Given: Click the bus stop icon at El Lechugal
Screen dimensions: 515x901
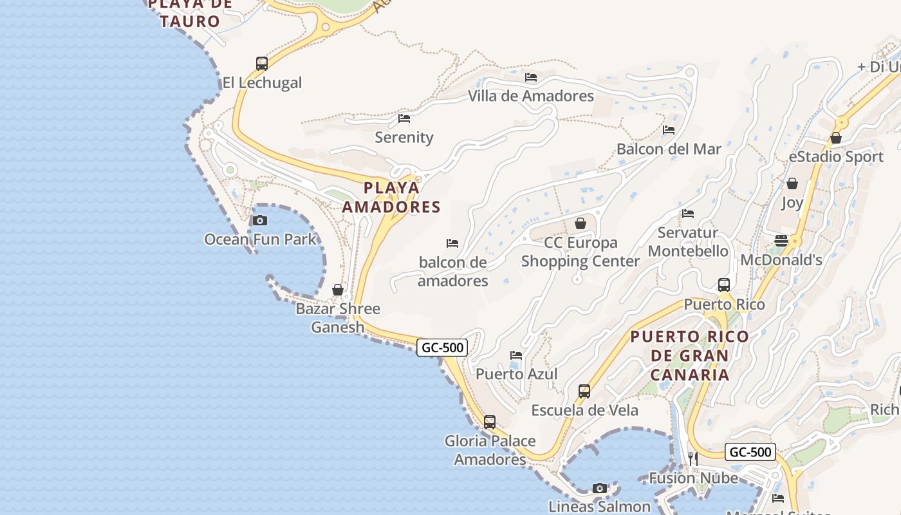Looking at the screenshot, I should click(x=261, y=63).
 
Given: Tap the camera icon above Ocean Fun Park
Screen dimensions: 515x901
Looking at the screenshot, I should click(x=260, y=220).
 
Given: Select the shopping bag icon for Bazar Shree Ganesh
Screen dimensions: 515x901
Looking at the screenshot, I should click(x=338, y=290).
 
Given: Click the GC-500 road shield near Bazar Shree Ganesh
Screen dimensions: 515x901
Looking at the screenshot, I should click(x=442, y=348).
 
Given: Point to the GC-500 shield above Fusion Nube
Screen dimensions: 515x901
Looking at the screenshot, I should click(x=750, y=452).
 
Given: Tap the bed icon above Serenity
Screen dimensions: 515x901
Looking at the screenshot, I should click(x=404, y=118).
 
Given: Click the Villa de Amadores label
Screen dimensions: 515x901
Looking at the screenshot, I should click(x=531, y=96).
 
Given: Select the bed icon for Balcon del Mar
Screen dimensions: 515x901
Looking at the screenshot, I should click(x=669, y=129).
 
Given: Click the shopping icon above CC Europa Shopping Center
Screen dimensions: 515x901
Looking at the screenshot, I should click(x=581, y=223).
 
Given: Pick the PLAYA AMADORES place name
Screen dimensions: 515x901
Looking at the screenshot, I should click(x=391, y=197).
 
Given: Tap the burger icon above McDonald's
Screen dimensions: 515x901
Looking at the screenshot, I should click(x=781, y=241).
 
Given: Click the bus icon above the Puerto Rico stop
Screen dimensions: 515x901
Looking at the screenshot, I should click(x=724, y=285).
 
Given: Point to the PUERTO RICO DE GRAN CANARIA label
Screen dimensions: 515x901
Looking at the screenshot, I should click(x=690, y=355).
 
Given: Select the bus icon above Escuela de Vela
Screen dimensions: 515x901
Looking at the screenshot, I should click(x=584, y=391).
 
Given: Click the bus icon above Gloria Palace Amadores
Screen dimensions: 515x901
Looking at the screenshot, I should click(x=490, y=422).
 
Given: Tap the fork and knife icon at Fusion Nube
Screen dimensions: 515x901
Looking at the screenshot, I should click(x=692, y=458).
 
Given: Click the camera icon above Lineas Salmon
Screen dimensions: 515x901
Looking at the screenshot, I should click(x=600, y=488).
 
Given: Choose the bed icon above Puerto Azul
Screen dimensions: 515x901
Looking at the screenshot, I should click(x=516, y=355).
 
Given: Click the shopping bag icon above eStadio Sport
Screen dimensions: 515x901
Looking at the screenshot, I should click(x=836, y=138).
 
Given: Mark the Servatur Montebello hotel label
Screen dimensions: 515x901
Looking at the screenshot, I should click(x=688, y=241).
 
